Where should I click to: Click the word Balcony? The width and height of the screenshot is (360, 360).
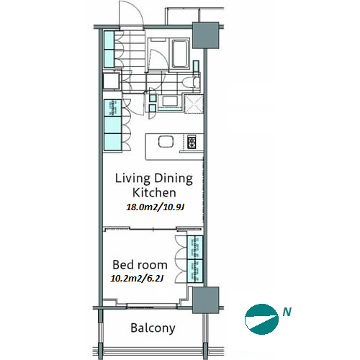(153, 328)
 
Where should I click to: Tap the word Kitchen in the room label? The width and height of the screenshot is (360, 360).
(154, 193)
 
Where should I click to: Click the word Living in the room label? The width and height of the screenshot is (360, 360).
(132, 179)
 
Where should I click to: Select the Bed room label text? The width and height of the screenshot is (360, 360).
(140, 265)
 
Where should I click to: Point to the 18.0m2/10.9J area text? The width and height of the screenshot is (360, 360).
(156, 207)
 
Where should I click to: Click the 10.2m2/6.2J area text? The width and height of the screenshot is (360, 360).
(137, 278)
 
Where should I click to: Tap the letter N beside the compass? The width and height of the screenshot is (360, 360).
(287, 312)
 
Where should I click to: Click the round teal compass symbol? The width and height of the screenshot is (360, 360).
(261, 319)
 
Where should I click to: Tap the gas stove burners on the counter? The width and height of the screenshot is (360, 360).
(192, 142)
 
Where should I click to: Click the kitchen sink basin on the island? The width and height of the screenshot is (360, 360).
(166, 141)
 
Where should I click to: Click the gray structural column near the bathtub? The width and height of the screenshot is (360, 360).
(206, 35)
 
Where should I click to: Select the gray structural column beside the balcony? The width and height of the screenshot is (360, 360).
(206, 300)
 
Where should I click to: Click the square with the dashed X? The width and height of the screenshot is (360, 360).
(194, 104)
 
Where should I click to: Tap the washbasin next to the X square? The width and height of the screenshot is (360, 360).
(170, 101)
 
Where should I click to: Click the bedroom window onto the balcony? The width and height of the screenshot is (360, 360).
(151, 306)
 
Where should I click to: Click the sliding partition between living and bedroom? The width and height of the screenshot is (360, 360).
(153, 229)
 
